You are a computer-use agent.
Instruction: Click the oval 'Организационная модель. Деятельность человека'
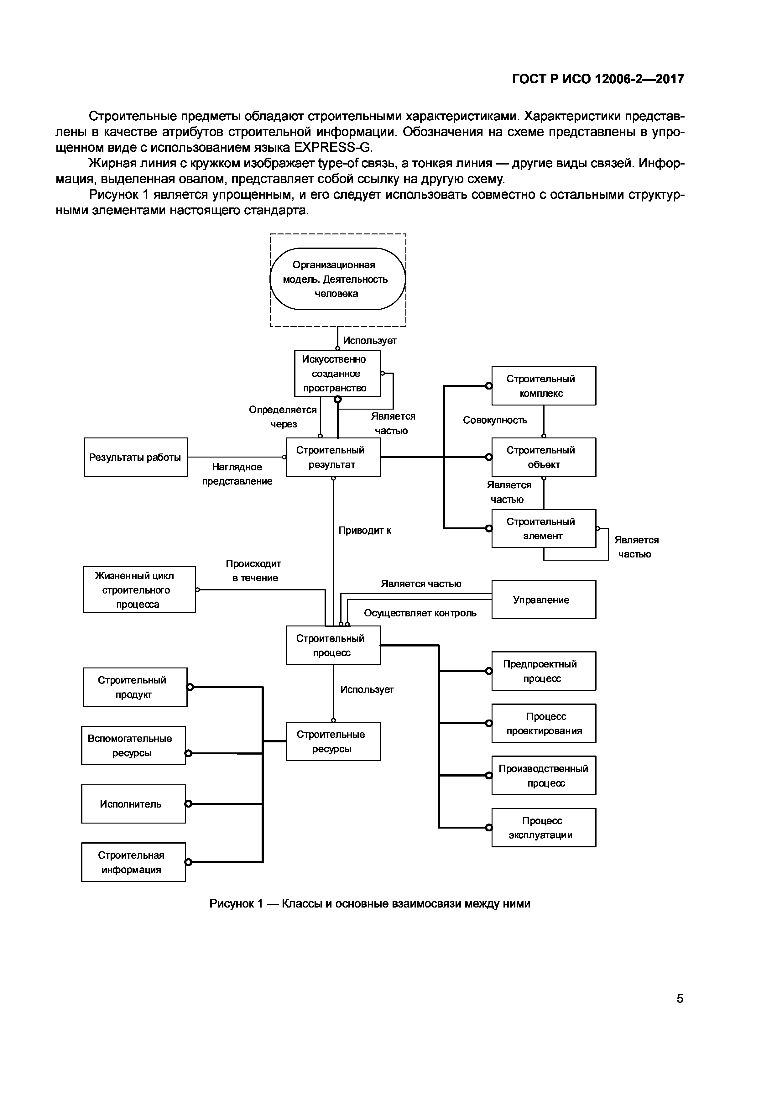[x=338, y=279]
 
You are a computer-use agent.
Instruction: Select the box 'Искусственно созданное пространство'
[x=337, y=373]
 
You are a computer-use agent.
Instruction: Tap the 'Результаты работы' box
[x=136, y=457]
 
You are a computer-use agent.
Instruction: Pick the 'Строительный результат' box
[x=333, y=457]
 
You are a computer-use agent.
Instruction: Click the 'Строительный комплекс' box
[x=544, y=386]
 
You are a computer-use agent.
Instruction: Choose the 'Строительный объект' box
[x=544, y=457]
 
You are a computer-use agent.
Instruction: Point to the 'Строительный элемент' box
[x=544, y=528]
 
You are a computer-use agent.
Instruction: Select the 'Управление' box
[x=544, y=600]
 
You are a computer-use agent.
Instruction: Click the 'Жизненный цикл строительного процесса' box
[x=139, y=590]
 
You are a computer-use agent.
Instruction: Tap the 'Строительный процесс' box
[x=333, y=645]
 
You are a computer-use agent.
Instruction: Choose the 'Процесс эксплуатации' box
[x=544, y=828]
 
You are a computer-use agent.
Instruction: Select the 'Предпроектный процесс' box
[x=544, y=671]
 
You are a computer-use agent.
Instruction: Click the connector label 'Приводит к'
[x=365, y=530]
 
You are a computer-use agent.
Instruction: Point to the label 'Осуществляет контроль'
[x=420, y=613]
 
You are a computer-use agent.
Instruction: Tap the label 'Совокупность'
[x=495, y=420]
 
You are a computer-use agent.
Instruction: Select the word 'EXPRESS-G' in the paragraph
[x=333, y=147]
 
